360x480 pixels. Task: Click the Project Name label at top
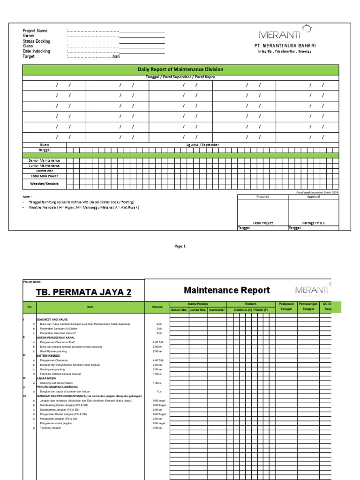[x=35, y=31]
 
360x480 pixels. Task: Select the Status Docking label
[x=36, y=41]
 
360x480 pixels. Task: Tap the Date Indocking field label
[x=36, y=51]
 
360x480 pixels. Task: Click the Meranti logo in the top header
[x=285, y=33]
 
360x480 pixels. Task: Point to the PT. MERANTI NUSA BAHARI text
[x=285, y=45]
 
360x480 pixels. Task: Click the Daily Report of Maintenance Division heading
[x=180, y=69]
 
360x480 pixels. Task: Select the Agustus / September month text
[x=202, y=145]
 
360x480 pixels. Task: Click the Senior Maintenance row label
[x=45, y=160]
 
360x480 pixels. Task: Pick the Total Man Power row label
[x=45, y=176]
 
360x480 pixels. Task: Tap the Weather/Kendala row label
[x=45, y=184]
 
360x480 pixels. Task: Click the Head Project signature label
[x=263, y=223]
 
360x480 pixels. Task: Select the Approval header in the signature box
[x=313, y=197]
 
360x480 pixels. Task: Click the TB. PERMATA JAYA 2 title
[x=83, y=293]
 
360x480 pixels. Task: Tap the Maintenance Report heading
[x=226, y=290]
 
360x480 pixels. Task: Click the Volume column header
[x=157, y=307]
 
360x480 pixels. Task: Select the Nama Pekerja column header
[x=198, y=304]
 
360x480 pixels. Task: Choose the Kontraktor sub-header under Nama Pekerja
[x=217, y=310]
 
